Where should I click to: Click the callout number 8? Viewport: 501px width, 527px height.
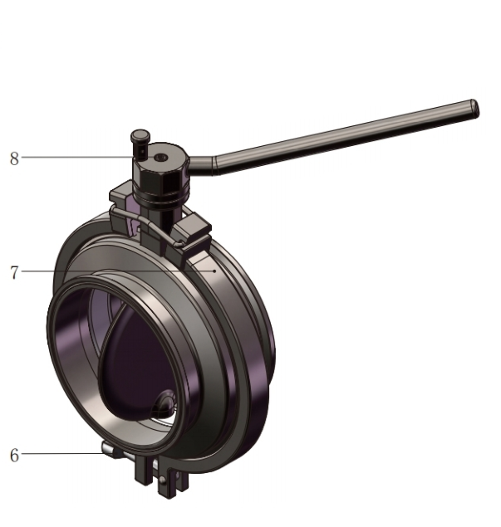coord(14,159)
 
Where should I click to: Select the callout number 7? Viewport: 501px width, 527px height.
coord(14,272)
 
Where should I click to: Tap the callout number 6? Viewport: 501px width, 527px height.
coord(14,455)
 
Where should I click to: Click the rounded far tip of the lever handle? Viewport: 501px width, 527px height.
coord(474,108)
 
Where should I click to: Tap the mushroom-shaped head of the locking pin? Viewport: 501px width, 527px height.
coord(140,135)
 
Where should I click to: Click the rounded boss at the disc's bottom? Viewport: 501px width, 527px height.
coord(165,403)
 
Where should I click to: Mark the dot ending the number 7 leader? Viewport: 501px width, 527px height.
coord(214,270)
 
